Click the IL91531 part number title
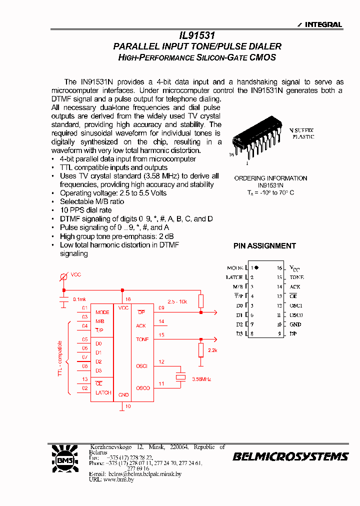pos(197,36)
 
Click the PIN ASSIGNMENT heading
pos(264,246)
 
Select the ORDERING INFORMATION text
pos(270,178)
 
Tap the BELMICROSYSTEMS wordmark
pos(290,456)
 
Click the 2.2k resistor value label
pos(212,350)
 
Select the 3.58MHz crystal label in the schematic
pos(201,379)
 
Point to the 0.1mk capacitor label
pos(79,299)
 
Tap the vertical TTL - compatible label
pos(60,358)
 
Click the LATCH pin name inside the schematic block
pos(103,392)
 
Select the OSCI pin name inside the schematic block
pos(141,366)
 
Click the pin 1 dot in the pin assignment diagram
pos(256,268)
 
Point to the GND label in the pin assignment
pos(295,324)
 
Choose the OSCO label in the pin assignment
pos(296,315)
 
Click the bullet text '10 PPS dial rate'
pos(85,210)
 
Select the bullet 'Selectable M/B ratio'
pos(91,201)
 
